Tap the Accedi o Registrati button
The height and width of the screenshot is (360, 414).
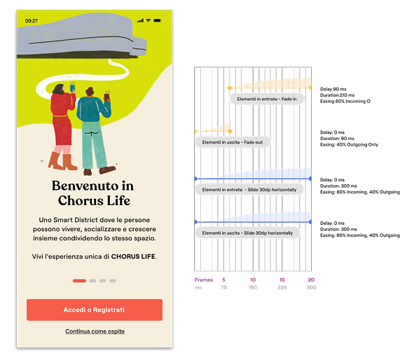pos(95,310)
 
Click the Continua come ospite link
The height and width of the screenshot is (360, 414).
pos(95,331)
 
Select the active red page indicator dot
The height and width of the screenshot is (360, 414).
pos(79,280)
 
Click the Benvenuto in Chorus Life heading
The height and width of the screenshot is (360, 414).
pos(92,193)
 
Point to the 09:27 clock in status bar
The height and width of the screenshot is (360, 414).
pos(32,21)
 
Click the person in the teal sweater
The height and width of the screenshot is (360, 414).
pos(92,130)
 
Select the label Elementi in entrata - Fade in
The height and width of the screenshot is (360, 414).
pos(267,99)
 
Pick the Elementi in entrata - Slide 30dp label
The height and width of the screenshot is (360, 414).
pos(249,190)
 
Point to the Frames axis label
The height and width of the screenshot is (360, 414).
pos(203,279)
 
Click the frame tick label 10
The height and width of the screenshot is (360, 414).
pos(252,279)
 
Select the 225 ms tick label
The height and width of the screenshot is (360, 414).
pos(282,287)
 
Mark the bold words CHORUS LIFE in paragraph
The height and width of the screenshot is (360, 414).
pos(133,257)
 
